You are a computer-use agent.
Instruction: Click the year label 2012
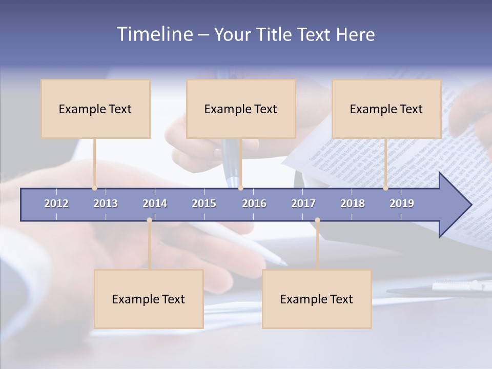(56, 203)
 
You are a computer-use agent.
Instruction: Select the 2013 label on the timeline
(106, 203)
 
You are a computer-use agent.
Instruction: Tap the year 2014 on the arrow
(155, 203)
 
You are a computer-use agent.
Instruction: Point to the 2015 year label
(204, 203)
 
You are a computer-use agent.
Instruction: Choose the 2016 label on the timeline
(254, 203)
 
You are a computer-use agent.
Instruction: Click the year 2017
(303, 203)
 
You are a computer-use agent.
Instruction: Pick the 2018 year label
(353, 203)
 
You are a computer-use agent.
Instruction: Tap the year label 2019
(402, 203)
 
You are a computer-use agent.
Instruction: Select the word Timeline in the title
(154, 34)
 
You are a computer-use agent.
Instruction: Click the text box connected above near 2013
(95, 109)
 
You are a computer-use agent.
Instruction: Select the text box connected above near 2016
(241, 109)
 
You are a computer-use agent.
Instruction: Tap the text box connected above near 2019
(386, 109)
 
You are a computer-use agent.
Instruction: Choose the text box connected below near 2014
(149, 299)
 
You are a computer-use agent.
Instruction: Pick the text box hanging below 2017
(317, 299)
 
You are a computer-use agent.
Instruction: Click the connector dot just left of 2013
(95, 188)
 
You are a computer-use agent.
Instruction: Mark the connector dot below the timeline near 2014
(149, 220)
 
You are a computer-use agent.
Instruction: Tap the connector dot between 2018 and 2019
(386, 188)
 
